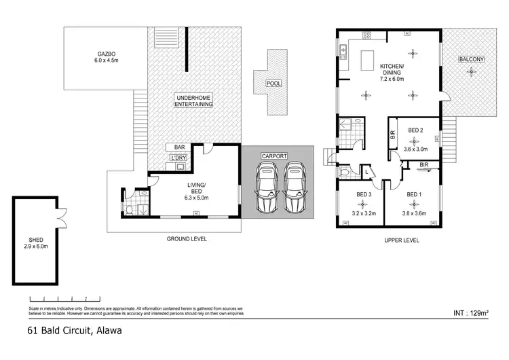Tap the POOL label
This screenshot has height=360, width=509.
click(x=273, y=83)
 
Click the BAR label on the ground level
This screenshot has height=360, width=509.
click(x=179, y=147)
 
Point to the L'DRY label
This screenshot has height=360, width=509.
click(x=178, y=158)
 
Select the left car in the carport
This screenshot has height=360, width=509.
click(x=265, y=187)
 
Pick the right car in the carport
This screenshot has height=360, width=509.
click(x=295, y=187)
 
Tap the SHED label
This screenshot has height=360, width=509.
click(x=36, y=239)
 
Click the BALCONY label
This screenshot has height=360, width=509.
click(x=471, y=60)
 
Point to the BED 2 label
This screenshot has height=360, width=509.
click(x=416, y=130)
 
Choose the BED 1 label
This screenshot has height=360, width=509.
click(x=414, y=194)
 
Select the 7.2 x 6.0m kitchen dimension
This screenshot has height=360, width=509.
click(x=392, y=79)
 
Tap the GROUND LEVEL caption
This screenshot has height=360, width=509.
click(x=187, y=239)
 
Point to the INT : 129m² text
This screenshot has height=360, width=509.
click(x=470, y=314)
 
